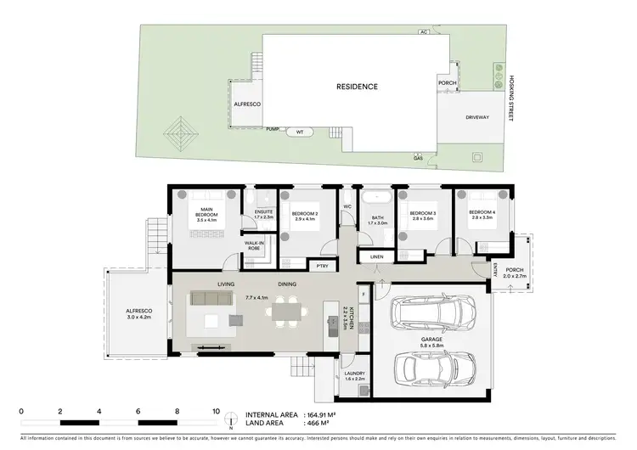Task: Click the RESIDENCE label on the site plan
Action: pos(357,87)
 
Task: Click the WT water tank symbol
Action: pos(299,132)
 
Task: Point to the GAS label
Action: pos(418,157)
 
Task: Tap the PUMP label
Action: pos(273,129)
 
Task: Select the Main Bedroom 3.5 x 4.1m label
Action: pos(206,215)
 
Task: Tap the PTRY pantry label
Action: pos(323,267)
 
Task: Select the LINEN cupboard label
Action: pos(375,256)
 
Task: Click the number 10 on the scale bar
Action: pos(216,410)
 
